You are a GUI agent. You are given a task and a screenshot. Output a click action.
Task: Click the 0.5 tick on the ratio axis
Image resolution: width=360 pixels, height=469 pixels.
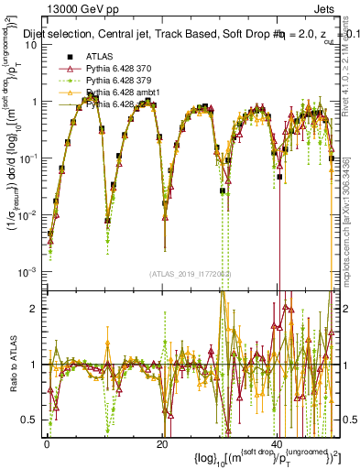30,420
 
